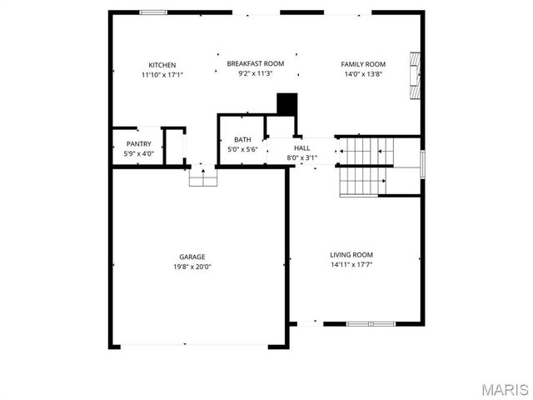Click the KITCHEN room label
click(x=162, y=65)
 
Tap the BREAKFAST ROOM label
click(x=256, y=63)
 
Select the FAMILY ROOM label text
click(x=363, y=64)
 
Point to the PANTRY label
click(x=138, y=143)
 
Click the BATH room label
click(x=242, y=140)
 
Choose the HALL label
click(x=301, y=147)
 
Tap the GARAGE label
click(x=192, y=257)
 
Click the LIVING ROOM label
click(x=351, y=255)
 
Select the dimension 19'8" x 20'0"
click(x=192, y=267)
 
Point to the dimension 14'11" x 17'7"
click(x=351, y=265)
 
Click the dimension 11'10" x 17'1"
click(x=162, y=75)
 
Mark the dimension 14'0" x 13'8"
click(x=363, y=74)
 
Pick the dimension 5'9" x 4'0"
click(x=138, y=153)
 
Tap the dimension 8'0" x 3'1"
click(x=301, y=157)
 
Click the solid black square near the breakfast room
click(x=286, y=104)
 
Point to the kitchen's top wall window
click(x=152, y=12)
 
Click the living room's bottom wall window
click(x=371, y=323)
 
